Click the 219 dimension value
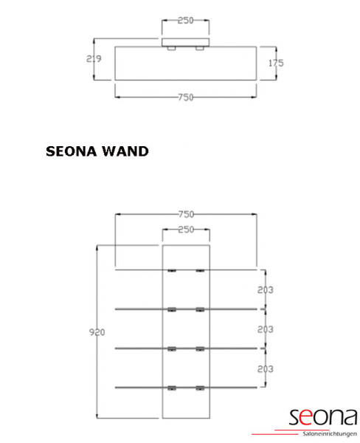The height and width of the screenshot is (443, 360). (94, 59)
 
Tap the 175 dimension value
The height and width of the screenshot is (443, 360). (276, 63)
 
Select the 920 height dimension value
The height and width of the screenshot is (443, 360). (97, 332)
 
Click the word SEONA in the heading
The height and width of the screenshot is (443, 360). (72, 151)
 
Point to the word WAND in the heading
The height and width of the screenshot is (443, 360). (125, 151)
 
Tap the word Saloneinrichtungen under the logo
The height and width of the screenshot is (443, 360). (330, 433)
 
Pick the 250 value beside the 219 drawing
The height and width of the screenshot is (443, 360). (185, 21)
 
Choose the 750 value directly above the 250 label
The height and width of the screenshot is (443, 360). (186, 214)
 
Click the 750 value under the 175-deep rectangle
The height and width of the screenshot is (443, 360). (186, 97)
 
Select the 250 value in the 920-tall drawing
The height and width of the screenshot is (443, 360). (186, 230)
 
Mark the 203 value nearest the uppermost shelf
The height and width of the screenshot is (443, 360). (265, 290)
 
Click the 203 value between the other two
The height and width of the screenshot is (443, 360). (265, 329)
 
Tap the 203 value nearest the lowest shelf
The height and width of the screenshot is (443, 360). (265, 369)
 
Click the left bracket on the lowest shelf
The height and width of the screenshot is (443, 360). (172, 388)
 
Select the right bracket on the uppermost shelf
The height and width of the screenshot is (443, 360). (200, 271)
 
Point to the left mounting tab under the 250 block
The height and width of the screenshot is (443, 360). (171, 48)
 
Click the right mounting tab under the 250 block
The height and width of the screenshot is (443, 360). (200, 48)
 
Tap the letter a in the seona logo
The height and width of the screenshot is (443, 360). (350, 417)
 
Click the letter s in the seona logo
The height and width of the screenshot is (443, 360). (294, 417)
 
